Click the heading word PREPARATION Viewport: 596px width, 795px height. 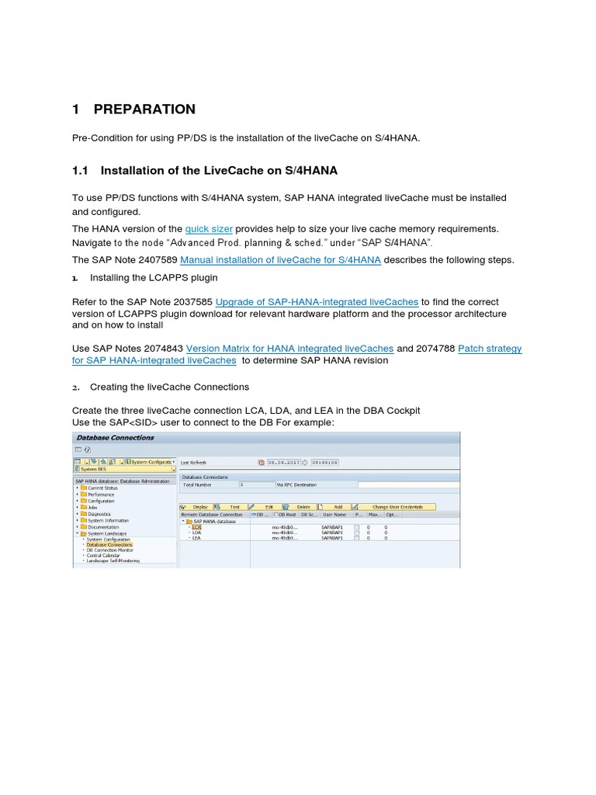point(144,109)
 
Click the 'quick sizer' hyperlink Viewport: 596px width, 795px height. point(209,229)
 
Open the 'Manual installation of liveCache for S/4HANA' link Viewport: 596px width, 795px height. point(280,260)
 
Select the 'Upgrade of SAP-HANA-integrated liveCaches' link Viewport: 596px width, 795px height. point(317,302)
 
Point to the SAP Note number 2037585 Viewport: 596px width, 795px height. point(190,302)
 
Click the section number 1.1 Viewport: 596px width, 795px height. point(81,171)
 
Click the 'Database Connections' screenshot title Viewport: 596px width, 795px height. point(105,438)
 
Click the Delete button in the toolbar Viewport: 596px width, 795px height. point(303,507)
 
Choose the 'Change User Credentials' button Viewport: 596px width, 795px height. point(397,507)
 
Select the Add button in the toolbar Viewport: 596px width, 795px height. point(338,507)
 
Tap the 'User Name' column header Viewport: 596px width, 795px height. point(334,514)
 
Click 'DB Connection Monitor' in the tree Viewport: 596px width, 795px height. point(109,550)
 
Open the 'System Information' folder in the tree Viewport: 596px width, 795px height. point(108,520)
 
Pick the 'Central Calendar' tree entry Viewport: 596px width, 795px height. point(104,556)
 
